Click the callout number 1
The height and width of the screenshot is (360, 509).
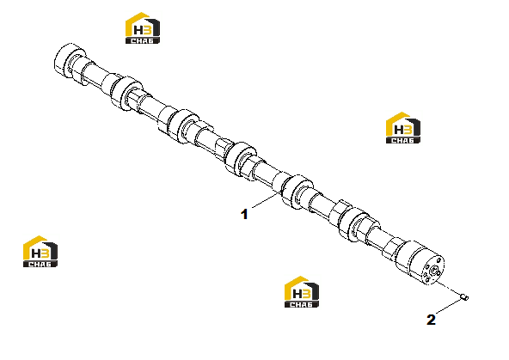244,215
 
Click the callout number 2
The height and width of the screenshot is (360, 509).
431,320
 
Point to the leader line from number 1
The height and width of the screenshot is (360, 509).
267,199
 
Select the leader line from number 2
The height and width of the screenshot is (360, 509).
450,307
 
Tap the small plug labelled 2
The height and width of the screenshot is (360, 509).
465,296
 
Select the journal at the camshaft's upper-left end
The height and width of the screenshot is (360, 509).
69,61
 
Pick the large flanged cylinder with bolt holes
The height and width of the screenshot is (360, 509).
420,263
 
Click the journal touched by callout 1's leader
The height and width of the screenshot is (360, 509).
297,192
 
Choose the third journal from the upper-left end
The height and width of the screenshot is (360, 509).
182,126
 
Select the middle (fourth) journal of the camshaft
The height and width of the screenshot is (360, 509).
240,159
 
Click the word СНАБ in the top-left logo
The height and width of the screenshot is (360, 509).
142,41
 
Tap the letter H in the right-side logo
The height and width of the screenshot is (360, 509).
398,130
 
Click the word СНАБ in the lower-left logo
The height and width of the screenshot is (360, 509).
40,264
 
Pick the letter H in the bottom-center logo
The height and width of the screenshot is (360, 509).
297,294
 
